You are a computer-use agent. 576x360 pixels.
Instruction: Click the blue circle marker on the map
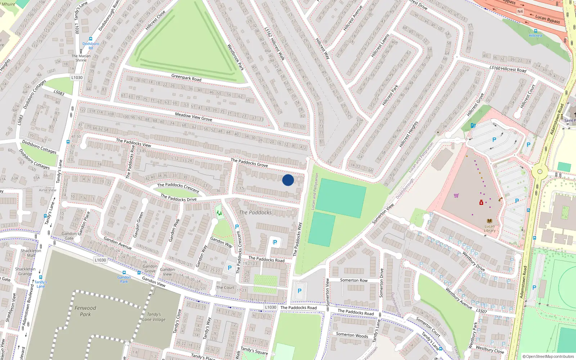click(288, 180)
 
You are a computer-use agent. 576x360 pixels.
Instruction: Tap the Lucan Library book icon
click(489, 221)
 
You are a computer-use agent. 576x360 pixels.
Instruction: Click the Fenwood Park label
click(85, 311)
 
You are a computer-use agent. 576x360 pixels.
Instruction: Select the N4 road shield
click(520, 12)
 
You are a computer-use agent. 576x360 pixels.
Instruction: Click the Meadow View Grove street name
click(193, 116)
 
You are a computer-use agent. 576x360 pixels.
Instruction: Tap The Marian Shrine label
click(81, 58)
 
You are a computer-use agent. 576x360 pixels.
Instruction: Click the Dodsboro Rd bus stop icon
click(91, 39)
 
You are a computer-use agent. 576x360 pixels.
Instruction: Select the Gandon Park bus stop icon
click(124, 273)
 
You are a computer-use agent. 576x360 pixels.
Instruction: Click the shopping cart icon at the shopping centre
click(456, 195)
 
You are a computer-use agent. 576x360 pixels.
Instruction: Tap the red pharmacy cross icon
click(481, 203)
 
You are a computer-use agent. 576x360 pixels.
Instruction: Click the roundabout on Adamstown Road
click(540, 171)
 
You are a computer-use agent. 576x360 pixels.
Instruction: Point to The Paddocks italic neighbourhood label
click(255, 212)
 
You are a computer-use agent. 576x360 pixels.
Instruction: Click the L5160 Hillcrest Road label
click(508, 68)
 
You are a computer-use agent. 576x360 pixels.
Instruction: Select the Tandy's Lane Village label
click(154, 317)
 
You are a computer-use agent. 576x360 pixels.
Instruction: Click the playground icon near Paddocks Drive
click(219, 213)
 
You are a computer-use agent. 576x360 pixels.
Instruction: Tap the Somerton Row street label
click(354, 280)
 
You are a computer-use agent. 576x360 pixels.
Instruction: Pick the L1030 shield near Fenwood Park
click(100, 260)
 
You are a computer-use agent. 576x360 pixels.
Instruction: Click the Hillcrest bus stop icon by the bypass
click(536, 31)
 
